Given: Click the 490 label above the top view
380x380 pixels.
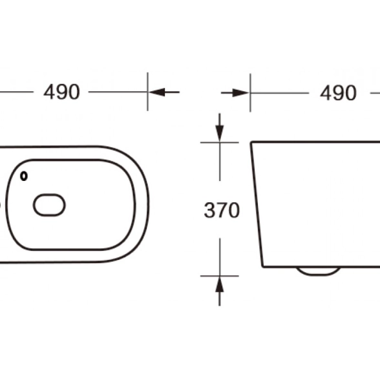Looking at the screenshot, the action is point(61,92).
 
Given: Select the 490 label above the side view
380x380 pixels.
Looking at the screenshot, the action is point(339,93).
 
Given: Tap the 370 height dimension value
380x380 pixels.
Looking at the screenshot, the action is point(222,210).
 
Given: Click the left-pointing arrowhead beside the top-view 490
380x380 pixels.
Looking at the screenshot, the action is point(157,92).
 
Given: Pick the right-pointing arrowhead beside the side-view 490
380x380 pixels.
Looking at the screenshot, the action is point(240,93).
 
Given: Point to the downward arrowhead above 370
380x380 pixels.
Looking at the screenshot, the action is point(220,134).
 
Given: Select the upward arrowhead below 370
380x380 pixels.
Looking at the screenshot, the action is point(220,284).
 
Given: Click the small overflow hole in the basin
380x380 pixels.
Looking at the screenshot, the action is point(24,176).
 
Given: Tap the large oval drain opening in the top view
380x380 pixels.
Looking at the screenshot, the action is point(49,205).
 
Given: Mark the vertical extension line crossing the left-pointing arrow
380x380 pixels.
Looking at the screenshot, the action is point(147,92).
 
